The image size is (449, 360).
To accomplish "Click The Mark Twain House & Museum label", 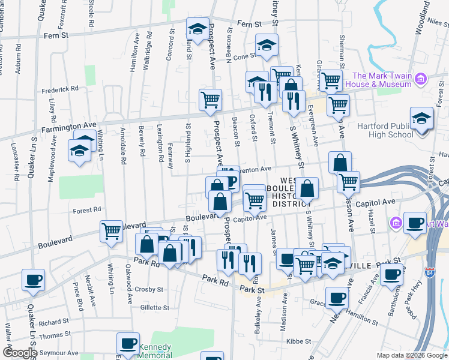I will coord(382,80).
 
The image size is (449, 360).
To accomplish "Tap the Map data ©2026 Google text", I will coord(412,355).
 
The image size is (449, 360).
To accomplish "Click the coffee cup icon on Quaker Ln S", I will coord(33,278).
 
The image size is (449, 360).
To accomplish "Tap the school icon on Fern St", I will coord(197,28).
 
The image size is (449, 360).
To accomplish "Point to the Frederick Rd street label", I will coord(60,88).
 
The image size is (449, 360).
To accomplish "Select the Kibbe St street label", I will coord(298,341).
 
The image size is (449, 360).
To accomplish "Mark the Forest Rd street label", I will coord(88,210).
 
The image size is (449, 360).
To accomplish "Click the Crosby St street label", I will coord(149,289).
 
